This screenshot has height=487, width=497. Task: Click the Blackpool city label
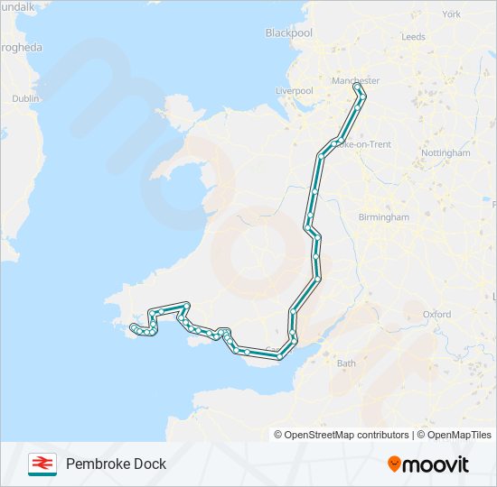click(288, 33)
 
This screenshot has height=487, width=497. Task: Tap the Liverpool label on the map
click(295, 91)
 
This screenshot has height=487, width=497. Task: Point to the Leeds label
click(413, 37)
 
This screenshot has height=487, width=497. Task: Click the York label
click(452, 14)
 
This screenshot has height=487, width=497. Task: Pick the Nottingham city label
click(445, 153)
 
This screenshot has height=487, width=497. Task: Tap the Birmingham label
click(382, 217)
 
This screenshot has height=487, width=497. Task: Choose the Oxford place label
click(436, 315)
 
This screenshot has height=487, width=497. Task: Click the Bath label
click(346, 363)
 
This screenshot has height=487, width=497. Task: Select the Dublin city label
click(25, 98)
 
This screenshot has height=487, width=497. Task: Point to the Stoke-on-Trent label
click(362, 144)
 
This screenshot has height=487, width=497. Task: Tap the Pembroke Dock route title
click(116, 464)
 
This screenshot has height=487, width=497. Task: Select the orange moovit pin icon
click(394, 464)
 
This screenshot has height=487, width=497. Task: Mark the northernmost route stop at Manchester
click(356, 87)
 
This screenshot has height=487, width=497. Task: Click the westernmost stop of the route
click(133, 326)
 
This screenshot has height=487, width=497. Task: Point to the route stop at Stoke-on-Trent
click(335, 143)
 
